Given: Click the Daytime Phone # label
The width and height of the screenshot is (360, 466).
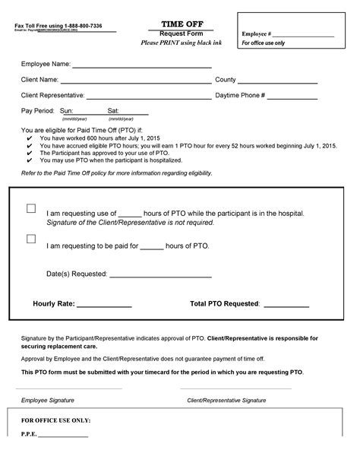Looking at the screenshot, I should pyautogui.click(x=240, y=96).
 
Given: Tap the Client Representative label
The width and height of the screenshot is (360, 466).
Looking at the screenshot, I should pyautogui.click(x=58, y=96).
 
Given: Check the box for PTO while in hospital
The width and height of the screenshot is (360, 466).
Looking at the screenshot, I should pyautogui.click(x=31, y=208).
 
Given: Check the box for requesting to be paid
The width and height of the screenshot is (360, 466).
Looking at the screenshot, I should pyautogui.click(x=31, y=239).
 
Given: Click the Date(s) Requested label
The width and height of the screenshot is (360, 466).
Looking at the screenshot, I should pyautogui.click(x=77, y=272).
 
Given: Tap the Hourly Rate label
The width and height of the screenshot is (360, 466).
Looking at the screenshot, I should pyautogui.click(x=53, y=303).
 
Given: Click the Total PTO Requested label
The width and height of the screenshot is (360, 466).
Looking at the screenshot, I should pyautogui.click(x=225, y=303).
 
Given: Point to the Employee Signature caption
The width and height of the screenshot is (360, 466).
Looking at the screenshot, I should pyautogui.click(x=48, y=399).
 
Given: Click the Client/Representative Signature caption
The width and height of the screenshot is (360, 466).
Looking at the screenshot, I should pyautogui.click(x=226, y=399).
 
